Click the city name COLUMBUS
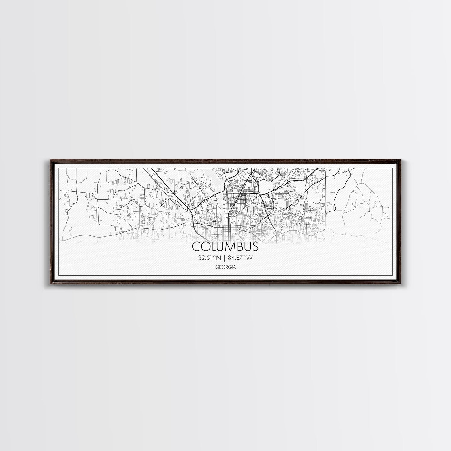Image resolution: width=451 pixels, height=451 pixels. tap(225, 247)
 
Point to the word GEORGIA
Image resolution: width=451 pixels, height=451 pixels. tap(225, 267)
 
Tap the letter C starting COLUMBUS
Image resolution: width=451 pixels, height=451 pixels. tap(196, 247)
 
